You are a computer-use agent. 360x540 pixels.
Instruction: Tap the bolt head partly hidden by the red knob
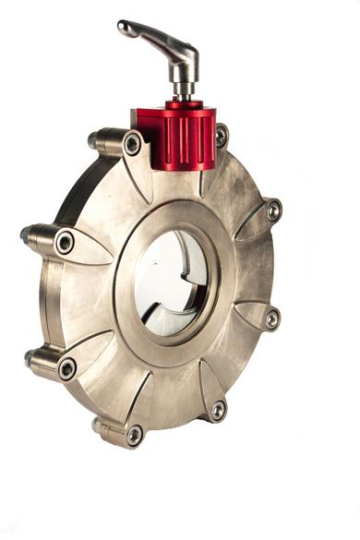click(222, 136)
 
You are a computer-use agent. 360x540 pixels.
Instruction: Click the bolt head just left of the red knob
click(133, 144)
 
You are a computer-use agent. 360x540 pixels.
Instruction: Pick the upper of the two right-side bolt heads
click(273, 210)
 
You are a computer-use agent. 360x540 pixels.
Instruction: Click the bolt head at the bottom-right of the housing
click(218, 409)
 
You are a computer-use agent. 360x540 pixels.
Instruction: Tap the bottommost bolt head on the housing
click(135, 434)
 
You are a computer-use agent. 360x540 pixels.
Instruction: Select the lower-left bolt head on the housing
click(67, 368)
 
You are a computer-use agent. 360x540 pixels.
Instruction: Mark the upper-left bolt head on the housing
click(65, 243)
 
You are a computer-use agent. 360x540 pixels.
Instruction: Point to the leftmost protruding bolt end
click(26, 234)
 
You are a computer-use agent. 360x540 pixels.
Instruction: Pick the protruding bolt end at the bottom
click(97, 425)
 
